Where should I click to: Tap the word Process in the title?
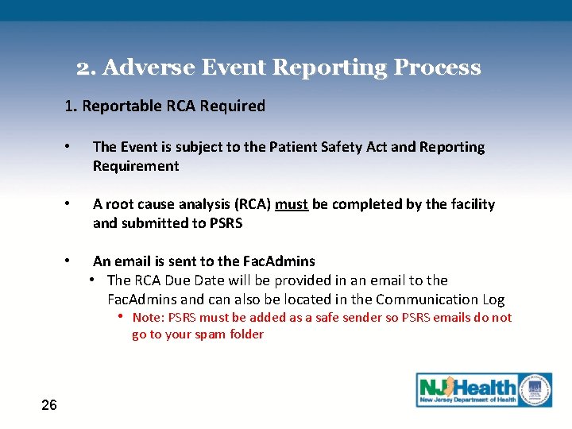pos(438,68)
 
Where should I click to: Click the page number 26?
pos(49,406)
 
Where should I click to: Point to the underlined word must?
pos(292,204)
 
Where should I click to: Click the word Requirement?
pos(136,166)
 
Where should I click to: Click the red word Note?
pos(149,318)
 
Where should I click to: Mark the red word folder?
pos(245,334)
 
